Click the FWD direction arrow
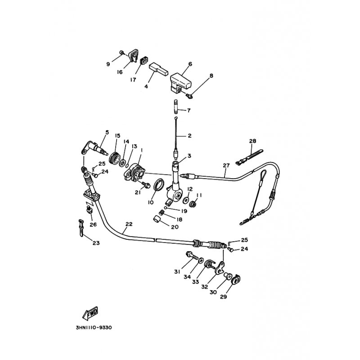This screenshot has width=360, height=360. pos(90,313)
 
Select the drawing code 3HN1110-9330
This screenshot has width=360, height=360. pos(94,328)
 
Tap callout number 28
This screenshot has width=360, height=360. pos(252,141)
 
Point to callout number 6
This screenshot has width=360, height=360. pos(190,64)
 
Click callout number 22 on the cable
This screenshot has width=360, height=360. pos(129,224)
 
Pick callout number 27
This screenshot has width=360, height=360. pos(226,165)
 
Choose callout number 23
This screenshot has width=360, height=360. pos(96,243)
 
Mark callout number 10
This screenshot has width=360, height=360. pos(151,202)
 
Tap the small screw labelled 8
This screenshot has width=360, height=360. pos(189,96)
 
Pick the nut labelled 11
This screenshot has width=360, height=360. pos(193,203)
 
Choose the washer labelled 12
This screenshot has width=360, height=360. pos(185,200)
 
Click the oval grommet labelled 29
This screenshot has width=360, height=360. pos(236,279)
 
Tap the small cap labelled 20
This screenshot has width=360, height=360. pos(157,219)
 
